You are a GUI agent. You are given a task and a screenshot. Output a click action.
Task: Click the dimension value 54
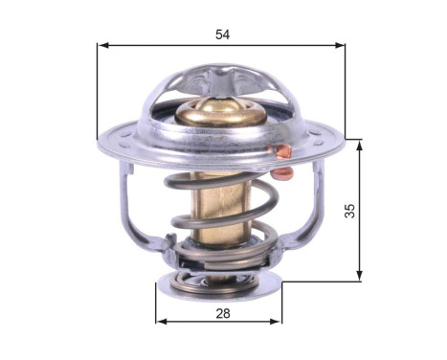click(223, 34)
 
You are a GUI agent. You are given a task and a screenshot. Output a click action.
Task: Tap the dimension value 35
click(350, 211)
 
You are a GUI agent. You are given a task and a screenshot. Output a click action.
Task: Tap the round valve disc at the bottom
click(220, 284)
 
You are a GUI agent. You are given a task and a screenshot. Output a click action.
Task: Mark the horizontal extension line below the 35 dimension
click(321, 281)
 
